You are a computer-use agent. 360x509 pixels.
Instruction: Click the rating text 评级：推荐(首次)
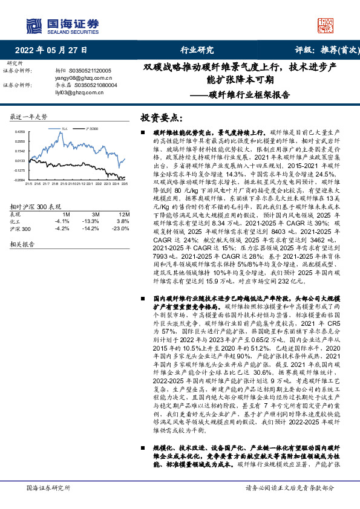click(x=324, y=51)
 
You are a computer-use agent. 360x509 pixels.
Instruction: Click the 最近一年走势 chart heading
click(x=29, y=116)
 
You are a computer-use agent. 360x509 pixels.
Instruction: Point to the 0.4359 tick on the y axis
click(x=20, y=132)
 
